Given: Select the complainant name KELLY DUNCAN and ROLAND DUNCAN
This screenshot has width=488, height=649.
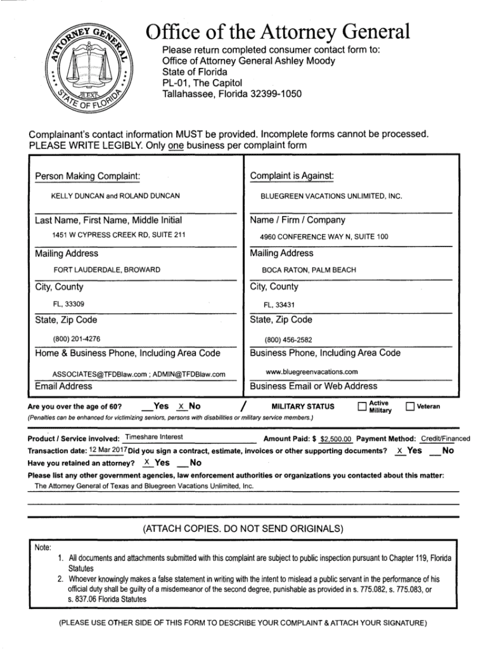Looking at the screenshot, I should pos(115,196).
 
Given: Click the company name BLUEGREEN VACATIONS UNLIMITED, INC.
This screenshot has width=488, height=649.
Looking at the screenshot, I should pos(332,196).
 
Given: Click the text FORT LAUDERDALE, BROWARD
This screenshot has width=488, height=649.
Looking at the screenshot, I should pos(106,270).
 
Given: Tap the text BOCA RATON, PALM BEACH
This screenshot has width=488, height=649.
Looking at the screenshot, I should pos(309,270).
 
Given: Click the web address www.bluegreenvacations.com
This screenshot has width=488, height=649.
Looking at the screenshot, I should pos(312,371).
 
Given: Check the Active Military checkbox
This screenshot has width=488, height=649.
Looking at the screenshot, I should pos(362,407).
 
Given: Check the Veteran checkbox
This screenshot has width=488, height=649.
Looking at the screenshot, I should pos(410,406).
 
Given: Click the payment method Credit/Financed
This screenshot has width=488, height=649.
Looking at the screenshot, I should pos(446,439).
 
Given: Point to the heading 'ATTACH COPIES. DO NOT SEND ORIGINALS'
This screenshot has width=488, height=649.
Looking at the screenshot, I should pos(243,528).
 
